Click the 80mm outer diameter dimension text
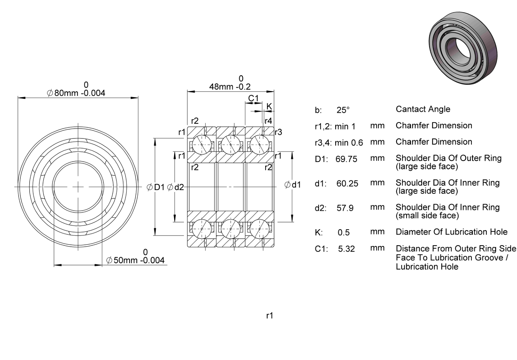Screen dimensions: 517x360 coord(76,93)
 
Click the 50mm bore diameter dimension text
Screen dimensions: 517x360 coord(135,260)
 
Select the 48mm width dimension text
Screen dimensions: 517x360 coord(230,87)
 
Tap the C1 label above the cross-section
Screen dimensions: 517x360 coord(253,98)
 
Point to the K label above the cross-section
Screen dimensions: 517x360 coord(269,106)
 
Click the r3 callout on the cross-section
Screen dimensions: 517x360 coord(279,132)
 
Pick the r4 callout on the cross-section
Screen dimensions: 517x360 coord(268,121)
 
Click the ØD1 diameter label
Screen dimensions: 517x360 coord(156,187)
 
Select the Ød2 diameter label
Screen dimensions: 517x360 coord(175,187)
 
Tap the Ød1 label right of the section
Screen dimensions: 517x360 coord(293,185)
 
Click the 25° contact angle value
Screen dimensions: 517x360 coord(343,110)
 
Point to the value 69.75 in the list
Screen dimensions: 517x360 coord(346,159)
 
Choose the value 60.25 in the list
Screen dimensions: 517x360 coord(347,183)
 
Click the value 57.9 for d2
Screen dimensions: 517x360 coord(345,208)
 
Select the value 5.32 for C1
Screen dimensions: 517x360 coord(346,249)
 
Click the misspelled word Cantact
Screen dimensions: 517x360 coord(408,109)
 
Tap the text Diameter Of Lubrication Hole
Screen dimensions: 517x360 coord(452,232)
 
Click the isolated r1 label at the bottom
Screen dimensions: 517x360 coord(270,315)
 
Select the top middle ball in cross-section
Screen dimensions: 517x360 coord(230,145)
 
